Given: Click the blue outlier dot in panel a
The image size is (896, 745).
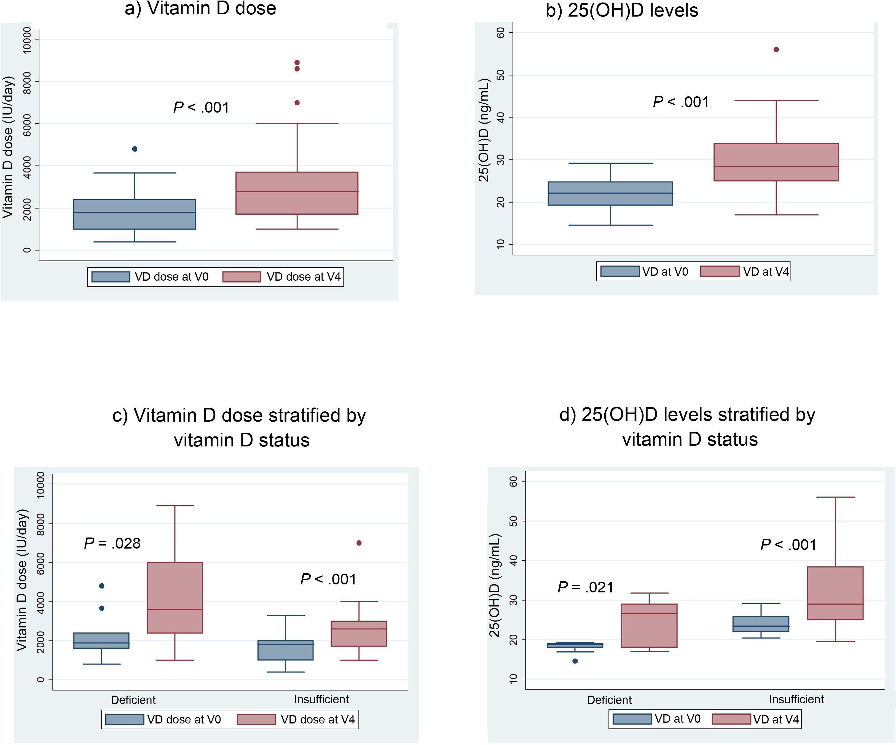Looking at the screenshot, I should (135, 149).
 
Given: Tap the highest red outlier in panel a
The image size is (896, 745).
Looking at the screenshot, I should (297, 63).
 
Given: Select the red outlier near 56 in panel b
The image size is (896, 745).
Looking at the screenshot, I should (776, 49).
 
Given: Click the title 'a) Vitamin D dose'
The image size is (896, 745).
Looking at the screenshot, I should (200, 9).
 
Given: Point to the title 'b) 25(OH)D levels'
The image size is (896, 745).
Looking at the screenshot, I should (622, 10).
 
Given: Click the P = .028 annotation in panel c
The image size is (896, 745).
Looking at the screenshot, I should (112, 544).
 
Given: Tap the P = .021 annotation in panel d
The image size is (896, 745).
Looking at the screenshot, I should (585, 587).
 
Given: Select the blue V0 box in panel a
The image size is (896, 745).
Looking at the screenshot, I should (135, 214).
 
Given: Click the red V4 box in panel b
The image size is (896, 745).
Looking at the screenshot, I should (776, 162).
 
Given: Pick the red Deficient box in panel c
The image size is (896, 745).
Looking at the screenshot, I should (175, 598).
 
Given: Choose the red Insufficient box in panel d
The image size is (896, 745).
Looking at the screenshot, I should (835, 594).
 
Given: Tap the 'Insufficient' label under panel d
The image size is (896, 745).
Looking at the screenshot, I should (796, 699).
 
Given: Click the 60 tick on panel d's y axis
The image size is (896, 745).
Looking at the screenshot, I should (513, 481).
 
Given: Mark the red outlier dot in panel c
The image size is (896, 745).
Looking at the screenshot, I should (359, 543).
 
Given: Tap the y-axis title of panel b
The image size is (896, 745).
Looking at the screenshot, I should (483, 130).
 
